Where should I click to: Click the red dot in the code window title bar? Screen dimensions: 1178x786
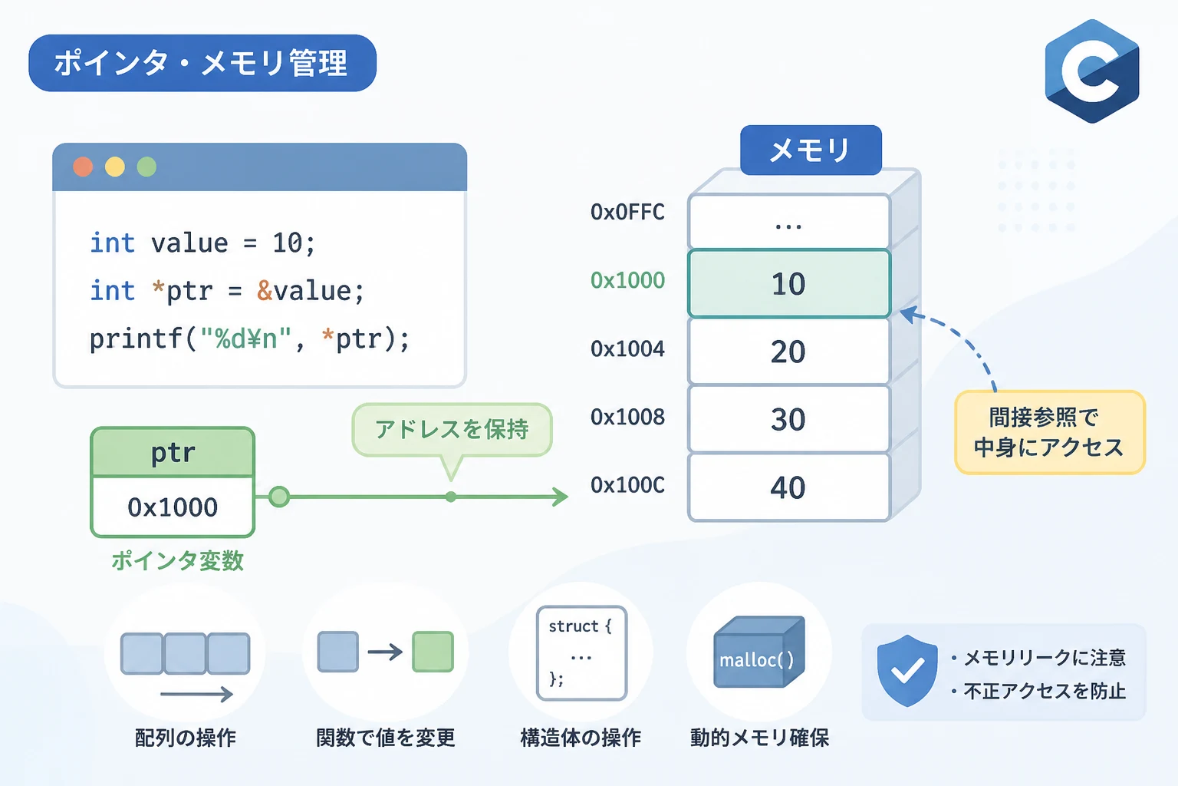tap(83, 167)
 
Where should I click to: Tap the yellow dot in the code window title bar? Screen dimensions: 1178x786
tap(114, 167)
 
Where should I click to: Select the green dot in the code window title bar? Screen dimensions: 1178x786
tap(146, 167)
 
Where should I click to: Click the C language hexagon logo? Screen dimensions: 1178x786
tap(1092, 71)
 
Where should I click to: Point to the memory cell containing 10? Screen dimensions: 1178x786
tap(789, 284)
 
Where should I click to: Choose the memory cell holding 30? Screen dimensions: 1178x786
tap(789, 419)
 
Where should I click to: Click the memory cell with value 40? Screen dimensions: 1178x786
tap(789, 487)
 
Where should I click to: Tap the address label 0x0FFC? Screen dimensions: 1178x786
tap(627, 212)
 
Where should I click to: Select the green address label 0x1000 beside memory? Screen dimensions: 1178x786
tap(627, 280)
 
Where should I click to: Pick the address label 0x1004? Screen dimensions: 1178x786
tap(627, 348)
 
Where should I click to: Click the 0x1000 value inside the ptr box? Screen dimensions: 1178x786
tap(173, 507)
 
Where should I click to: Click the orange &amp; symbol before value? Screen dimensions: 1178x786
tap(265, 290)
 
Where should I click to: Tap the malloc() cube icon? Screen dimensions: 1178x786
tap(758, 652)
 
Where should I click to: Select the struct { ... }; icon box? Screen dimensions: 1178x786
tap(581, 652)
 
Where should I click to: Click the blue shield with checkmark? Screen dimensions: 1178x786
tap(907, 670)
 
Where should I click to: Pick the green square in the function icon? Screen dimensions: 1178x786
tap(433, 652)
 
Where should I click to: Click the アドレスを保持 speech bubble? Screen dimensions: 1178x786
tap(452, 430)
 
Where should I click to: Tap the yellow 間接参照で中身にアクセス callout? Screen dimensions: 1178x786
tap(1050, 432)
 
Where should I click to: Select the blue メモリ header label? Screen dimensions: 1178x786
tap(811, 150)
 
